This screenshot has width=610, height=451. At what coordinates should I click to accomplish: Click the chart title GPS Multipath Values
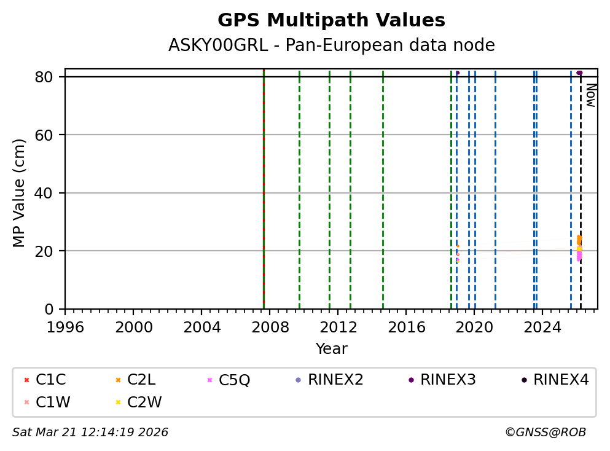331,21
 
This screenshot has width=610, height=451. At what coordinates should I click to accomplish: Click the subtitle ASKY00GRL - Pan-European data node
331,45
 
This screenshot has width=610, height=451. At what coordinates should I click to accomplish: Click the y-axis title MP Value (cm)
20,193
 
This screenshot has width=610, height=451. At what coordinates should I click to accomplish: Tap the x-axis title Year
331,350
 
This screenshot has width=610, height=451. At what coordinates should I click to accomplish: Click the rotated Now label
590,95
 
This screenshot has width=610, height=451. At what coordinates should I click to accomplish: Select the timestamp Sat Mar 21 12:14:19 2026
90,433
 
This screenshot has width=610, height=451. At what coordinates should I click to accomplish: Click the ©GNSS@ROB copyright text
545,433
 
